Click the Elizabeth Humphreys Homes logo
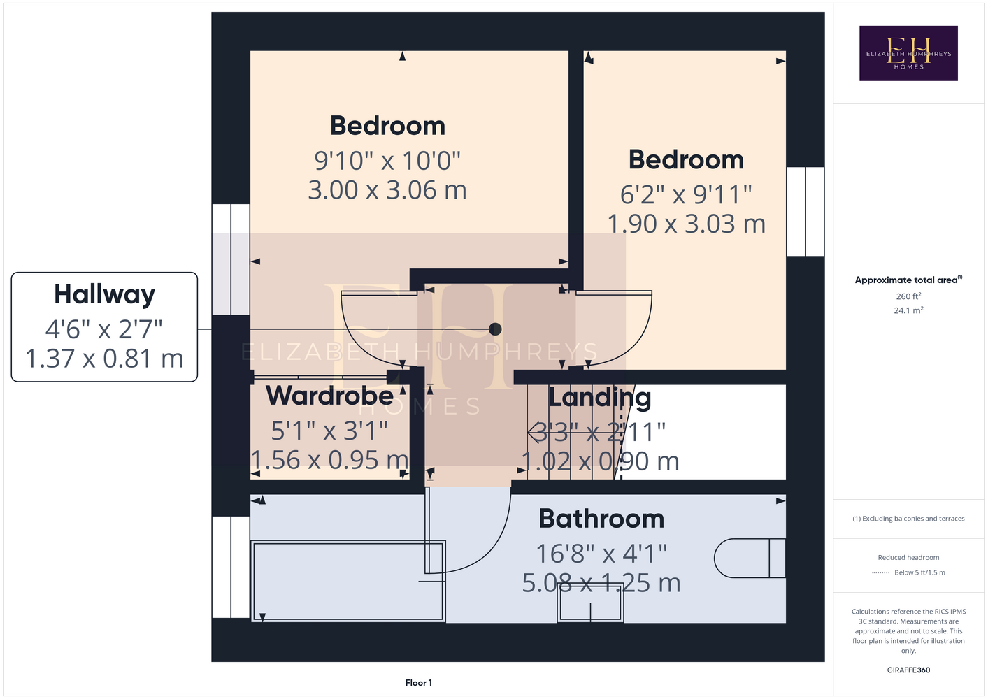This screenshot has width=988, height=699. click(908, 53)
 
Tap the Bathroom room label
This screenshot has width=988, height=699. click(601, 519)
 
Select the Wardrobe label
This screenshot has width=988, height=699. click(329, 396)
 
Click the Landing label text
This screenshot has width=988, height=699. click(599, 398)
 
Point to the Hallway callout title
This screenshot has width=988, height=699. click(105, 294)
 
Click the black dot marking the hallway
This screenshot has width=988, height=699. click(495, 329)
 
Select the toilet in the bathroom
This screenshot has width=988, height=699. click(750, 558)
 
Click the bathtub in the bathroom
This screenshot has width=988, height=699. click(348, 582)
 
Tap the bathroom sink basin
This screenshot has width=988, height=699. click(590, 603)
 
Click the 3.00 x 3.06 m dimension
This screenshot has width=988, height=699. click(387, 190)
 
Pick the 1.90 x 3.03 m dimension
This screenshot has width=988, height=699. click(686, 224)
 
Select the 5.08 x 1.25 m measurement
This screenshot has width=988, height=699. click(601, 583)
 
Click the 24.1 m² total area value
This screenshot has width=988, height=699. click(908, 310)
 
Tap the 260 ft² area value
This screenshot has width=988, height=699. click(908, 296)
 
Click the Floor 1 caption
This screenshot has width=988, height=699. click(419, 683)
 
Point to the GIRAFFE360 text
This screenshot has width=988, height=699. click(908, 670)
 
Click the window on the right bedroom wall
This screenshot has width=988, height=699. click(806, 211)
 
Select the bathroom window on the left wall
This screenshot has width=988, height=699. click(231, 567)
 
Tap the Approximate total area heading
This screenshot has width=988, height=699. click(908, 280)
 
